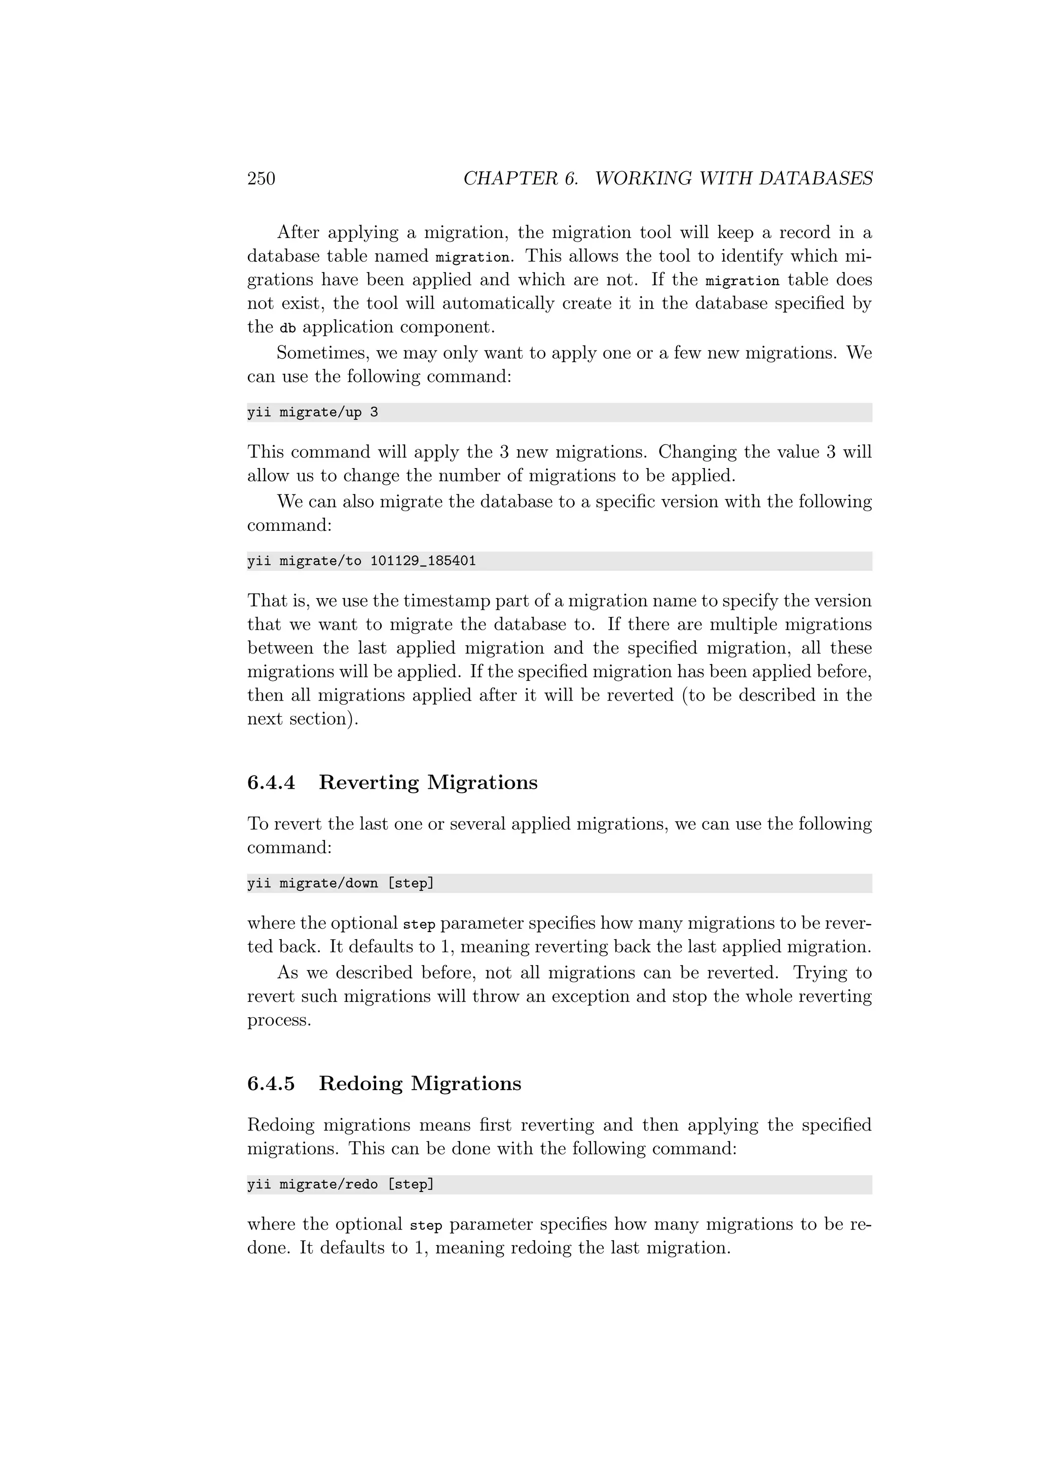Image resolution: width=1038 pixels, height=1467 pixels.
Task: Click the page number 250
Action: [x=261, y=178]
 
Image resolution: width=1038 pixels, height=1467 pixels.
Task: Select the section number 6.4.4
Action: [x=271, y=782]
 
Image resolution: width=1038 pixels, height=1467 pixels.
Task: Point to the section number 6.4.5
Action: [x=271, y=1083]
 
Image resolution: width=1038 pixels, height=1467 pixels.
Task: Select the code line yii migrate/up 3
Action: [x=313, y=413]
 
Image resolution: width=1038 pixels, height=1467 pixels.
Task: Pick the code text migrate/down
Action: [x=328, y=883]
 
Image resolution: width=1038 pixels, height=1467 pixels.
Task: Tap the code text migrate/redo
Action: [x=328, y=1184]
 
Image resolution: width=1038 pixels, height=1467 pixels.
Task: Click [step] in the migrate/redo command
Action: [x=411, y=1184]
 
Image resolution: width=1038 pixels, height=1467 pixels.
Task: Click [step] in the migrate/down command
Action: [x=411, y=883]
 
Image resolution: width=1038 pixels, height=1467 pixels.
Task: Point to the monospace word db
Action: [x=287, y=328]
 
